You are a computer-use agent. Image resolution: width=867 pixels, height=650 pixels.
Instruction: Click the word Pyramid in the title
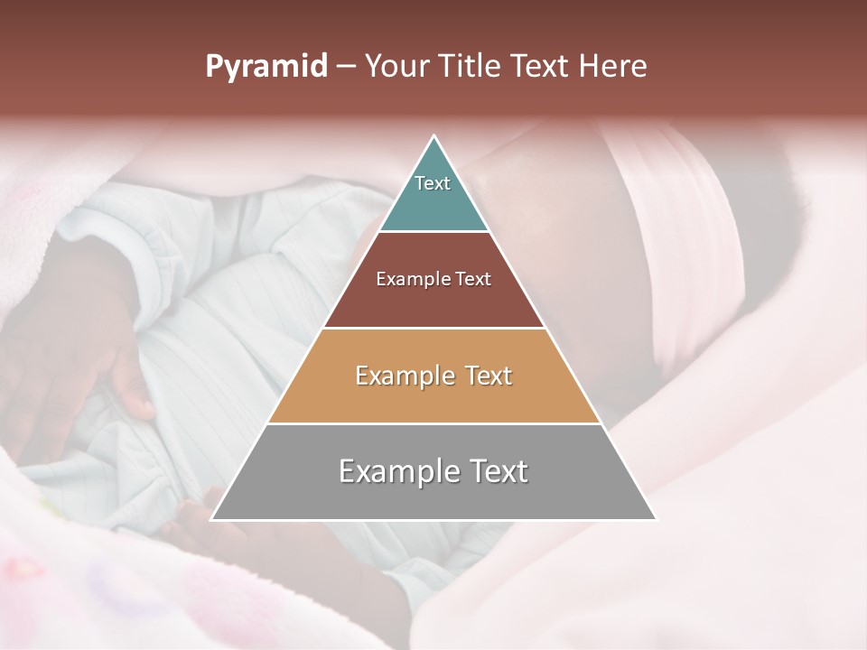[266, 66]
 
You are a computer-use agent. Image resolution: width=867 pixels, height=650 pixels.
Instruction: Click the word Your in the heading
[396, 66]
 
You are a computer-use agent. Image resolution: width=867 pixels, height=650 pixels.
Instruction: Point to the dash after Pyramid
[346, 67]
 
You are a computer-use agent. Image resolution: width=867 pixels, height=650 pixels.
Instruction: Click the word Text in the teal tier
[433, 183]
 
